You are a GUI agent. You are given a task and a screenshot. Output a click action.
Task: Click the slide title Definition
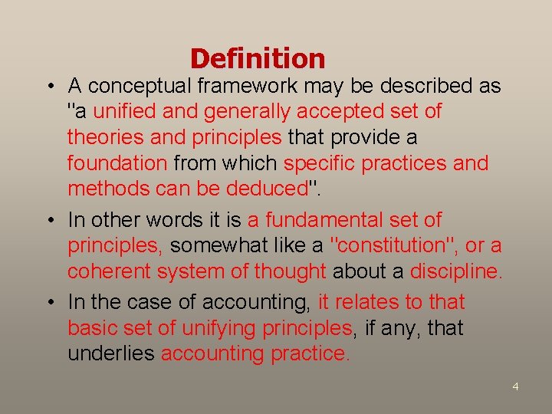tap(258, 59)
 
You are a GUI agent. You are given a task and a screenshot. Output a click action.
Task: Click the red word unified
tap(126, 112)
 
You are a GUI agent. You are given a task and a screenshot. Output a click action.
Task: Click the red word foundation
tap(117, 163)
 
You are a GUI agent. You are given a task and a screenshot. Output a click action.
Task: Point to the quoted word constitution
tap(398, 246)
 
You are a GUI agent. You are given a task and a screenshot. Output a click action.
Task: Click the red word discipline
tap(455, 272)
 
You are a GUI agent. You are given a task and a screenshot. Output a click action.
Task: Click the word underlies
tap(112, 354)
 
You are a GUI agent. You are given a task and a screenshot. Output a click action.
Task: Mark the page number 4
tap(515, 386)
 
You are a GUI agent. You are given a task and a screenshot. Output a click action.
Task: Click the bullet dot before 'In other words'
tap(48, 221)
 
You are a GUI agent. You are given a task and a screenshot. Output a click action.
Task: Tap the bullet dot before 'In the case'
tap(48, 303)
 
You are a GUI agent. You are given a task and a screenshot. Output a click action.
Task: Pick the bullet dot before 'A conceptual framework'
tap(48, 86)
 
